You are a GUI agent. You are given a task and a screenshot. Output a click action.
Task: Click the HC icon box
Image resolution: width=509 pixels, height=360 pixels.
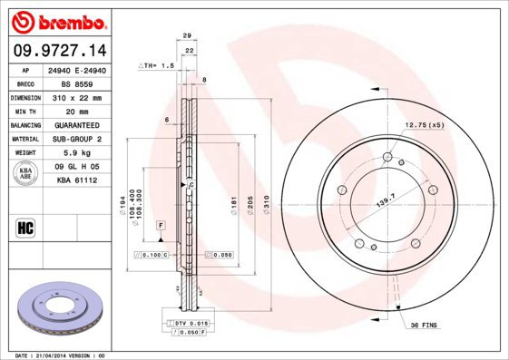tap(25, 228)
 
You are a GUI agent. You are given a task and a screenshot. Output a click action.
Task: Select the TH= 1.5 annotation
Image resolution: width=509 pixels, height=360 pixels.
tap(155, 68)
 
